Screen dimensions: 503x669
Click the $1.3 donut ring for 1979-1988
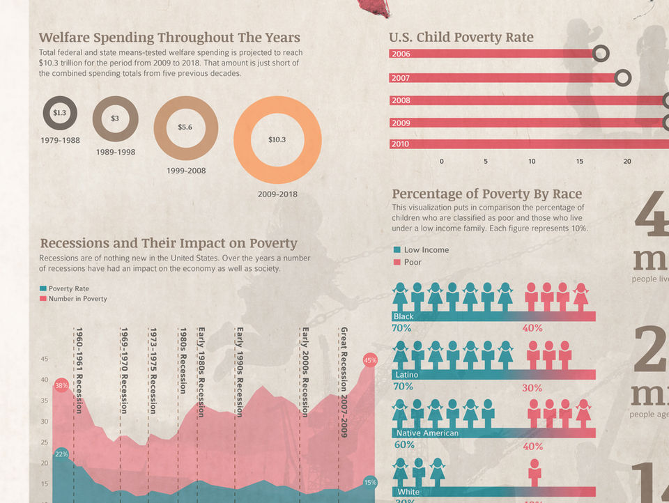pyautogui.click(x=60, y=113)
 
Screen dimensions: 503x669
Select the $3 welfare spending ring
pyautogui.click(x=115, y=118)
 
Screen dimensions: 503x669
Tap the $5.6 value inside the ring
pyautogui.click(x=185, y=127)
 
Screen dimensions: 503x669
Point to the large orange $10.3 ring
pyautogui.click(x=277, y=139)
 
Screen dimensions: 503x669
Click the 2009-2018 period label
pyautogui.click(x=277, y=194)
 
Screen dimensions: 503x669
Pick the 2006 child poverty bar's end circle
pyautogui.click(x=601, y=53)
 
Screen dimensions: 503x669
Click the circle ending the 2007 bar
pyautogui.click(x=623, y=77)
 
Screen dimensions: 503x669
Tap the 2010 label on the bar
pyautogui.click(x=401, y=144)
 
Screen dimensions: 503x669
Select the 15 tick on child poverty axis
pyautogui.click(x=579, y=161)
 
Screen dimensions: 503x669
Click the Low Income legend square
pyautogui.click(x=397, y=249)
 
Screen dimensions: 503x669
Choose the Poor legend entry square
pyautogui.click(x=397, y=262)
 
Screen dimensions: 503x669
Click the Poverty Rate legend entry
pyautogui.click(x=43, y=288)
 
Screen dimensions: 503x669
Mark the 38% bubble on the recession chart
pyautogui.click(x=61, y=385)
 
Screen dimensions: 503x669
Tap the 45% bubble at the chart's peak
pyautogui.click(x=370, y=360)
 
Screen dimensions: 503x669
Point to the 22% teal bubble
pyautogui.click(x=61, y=454)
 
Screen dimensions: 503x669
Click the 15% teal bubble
pyautogui.click(x=370, y=482)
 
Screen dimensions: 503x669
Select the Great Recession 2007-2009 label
pyautogui.click(x=344, y=382)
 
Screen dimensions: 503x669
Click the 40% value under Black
pyautogui.click(x=532, y=328)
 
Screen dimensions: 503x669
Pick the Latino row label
pyautogui.click(x=407, y=375)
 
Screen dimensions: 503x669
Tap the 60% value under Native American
pyautogui.click(x=404, y=444)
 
